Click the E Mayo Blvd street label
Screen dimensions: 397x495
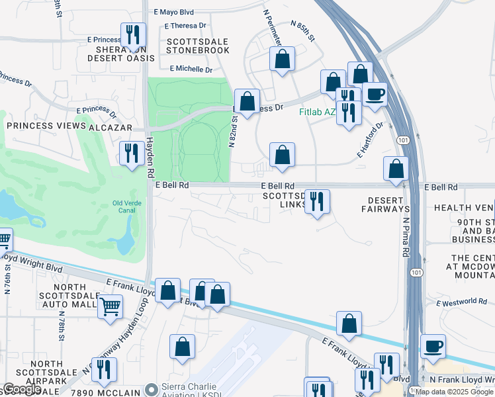tap(173, 12)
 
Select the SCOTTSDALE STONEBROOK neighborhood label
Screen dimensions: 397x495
tap(197, 46)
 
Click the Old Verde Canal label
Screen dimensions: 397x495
tap(128, 207)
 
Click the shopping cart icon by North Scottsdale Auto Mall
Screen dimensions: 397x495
tap(110, 306)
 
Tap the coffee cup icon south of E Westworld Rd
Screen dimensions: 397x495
tap(433, 346)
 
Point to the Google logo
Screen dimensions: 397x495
tap(22, 389)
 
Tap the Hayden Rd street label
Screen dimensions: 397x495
tap(150, 152)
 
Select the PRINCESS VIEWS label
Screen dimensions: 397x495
tap(46, 126)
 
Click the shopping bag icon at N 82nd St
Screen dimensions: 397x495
tap(247, 102)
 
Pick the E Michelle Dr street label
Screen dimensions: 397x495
tap(191, 69)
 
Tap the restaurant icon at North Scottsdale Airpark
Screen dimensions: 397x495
tap(104, 369)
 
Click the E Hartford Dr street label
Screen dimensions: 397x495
tap(370, 140)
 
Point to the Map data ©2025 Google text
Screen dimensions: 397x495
tap(454, 392)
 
